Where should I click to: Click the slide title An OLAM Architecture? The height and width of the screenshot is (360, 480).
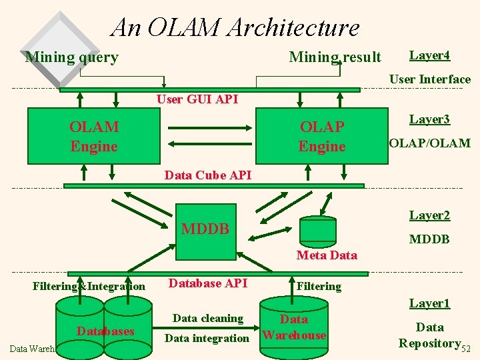(235, 27)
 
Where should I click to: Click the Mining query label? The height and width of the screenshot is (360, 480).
(71, 57)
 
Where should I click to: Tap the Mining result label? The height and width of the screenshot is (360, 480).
(335, 57)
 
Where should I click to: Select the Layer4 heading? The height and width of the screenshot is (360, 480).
(429, 55)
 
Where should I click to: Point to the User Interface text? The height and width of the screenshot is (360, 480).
(429, 79)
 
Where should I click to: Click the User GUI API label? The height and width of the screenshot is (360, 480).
(197, 99)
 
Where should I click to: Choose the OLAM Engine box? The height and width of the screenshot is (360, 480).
(93, 136)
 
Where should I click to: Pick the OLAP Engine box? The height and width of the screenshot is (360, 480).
(322, 136)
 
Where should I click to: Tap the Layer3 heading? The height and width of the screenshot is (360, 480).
(429, 119)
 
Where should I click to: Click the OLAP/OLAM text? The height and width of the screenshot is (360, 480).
(429, 143)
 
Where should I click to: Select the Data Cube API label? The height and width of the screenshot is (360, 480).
(208, 175)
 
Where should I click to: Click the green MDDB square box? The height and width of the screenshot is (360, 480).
(205, 230)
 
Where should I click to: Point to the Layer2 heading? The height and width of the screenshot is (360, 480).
(429, 215)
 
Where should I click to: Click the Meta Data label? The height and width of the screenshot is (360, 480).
(327, 255)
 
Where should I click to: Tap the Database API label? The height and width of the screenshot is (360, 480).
(207, 283)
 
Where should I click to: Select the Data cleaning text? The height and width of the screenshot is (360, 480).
(207, 319)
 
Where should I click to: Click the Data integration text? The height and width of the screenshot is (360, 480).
(207, 338)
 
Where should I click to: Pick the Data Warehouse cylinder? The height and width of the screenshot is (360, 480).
(294, 327)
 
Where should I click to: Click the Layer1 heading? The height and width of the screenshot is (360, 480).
(429, 304)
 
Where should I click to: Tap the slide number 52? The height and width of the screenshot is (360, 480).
(466, 349)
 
